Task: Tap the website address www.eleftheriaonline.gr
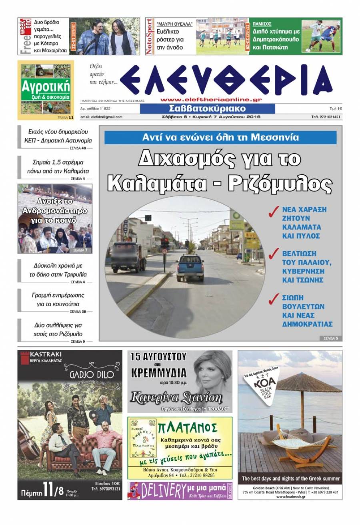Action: click(211, 100)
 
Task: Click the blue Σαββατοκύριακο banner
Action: click(207, 109)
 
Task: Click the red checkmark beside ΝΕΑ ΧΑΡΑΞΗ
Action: click(273, 212)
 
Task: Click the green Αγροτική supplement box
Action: click(46, 90)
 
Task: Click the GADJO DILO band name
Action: click(88, 375)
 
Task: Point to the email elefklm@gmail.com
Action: click(101, 117)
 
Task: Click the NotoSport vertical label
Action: click(150, 36)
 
